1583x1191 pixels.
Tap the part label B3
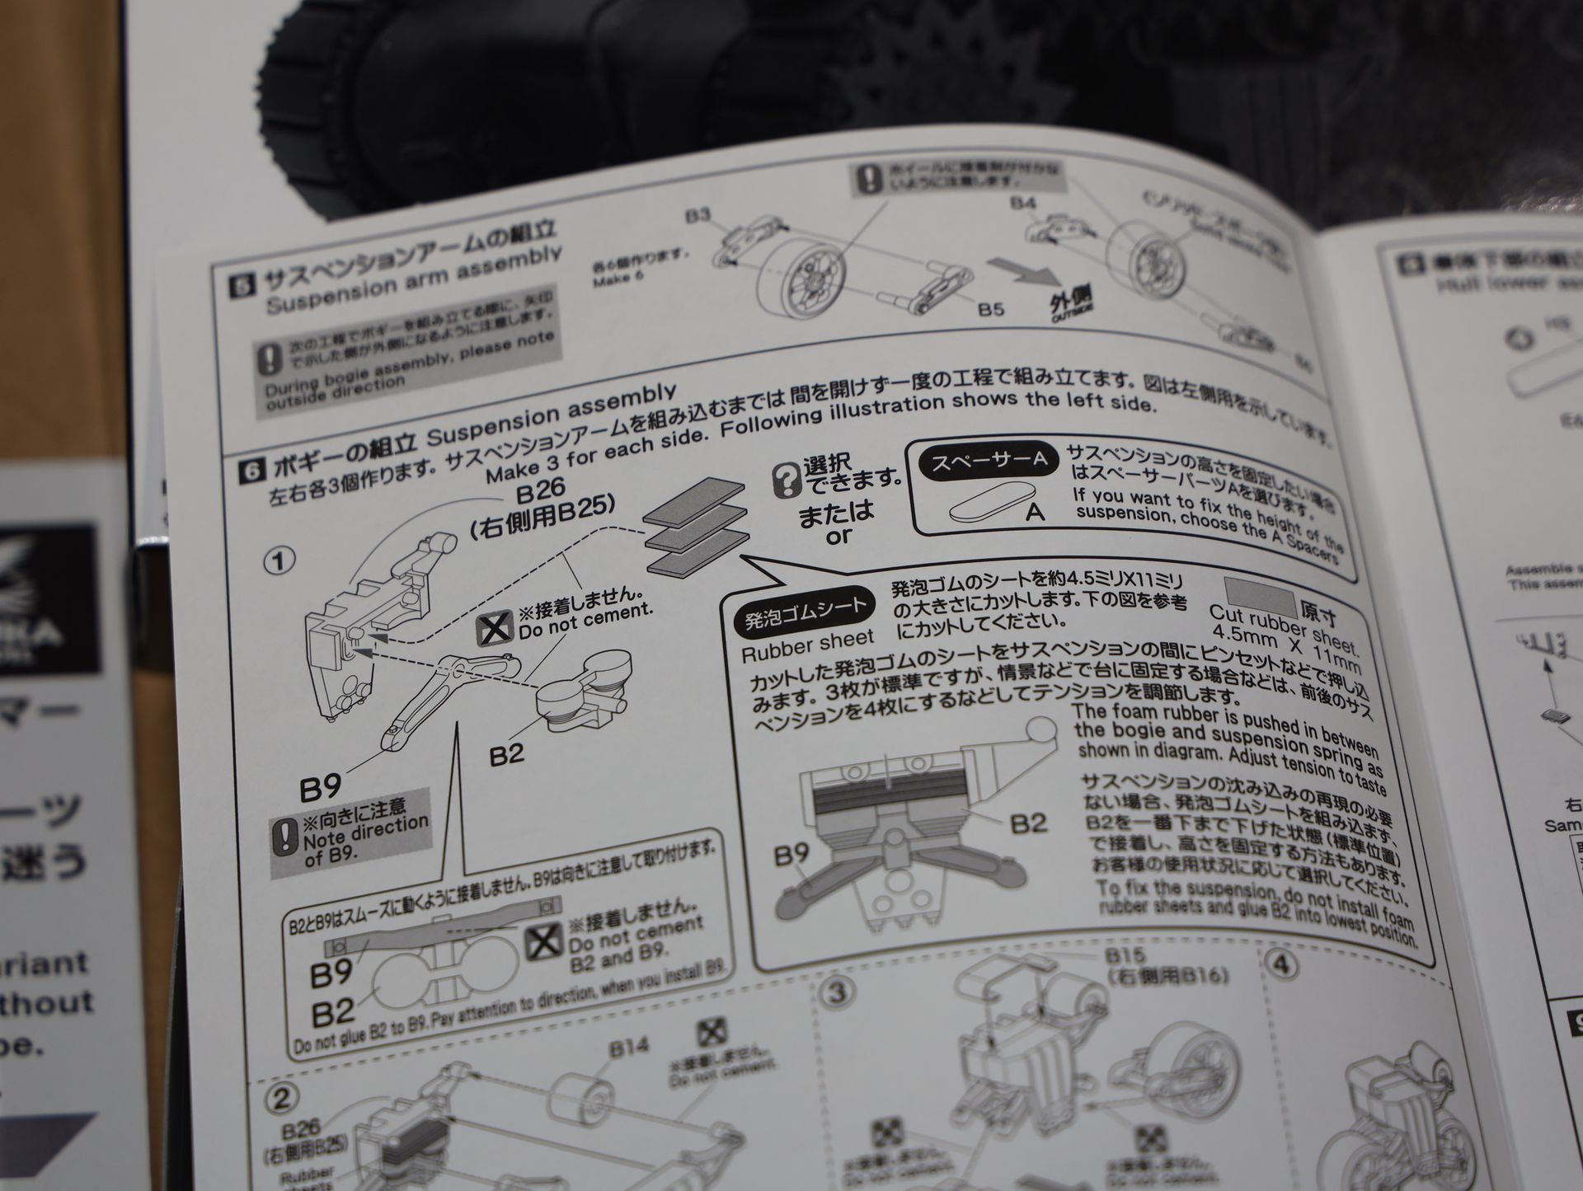(x=698, y=217)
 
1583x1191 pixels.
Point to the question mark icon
(x=785, y=480)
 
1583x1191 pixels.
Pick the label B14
(x=630, y=1049)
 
